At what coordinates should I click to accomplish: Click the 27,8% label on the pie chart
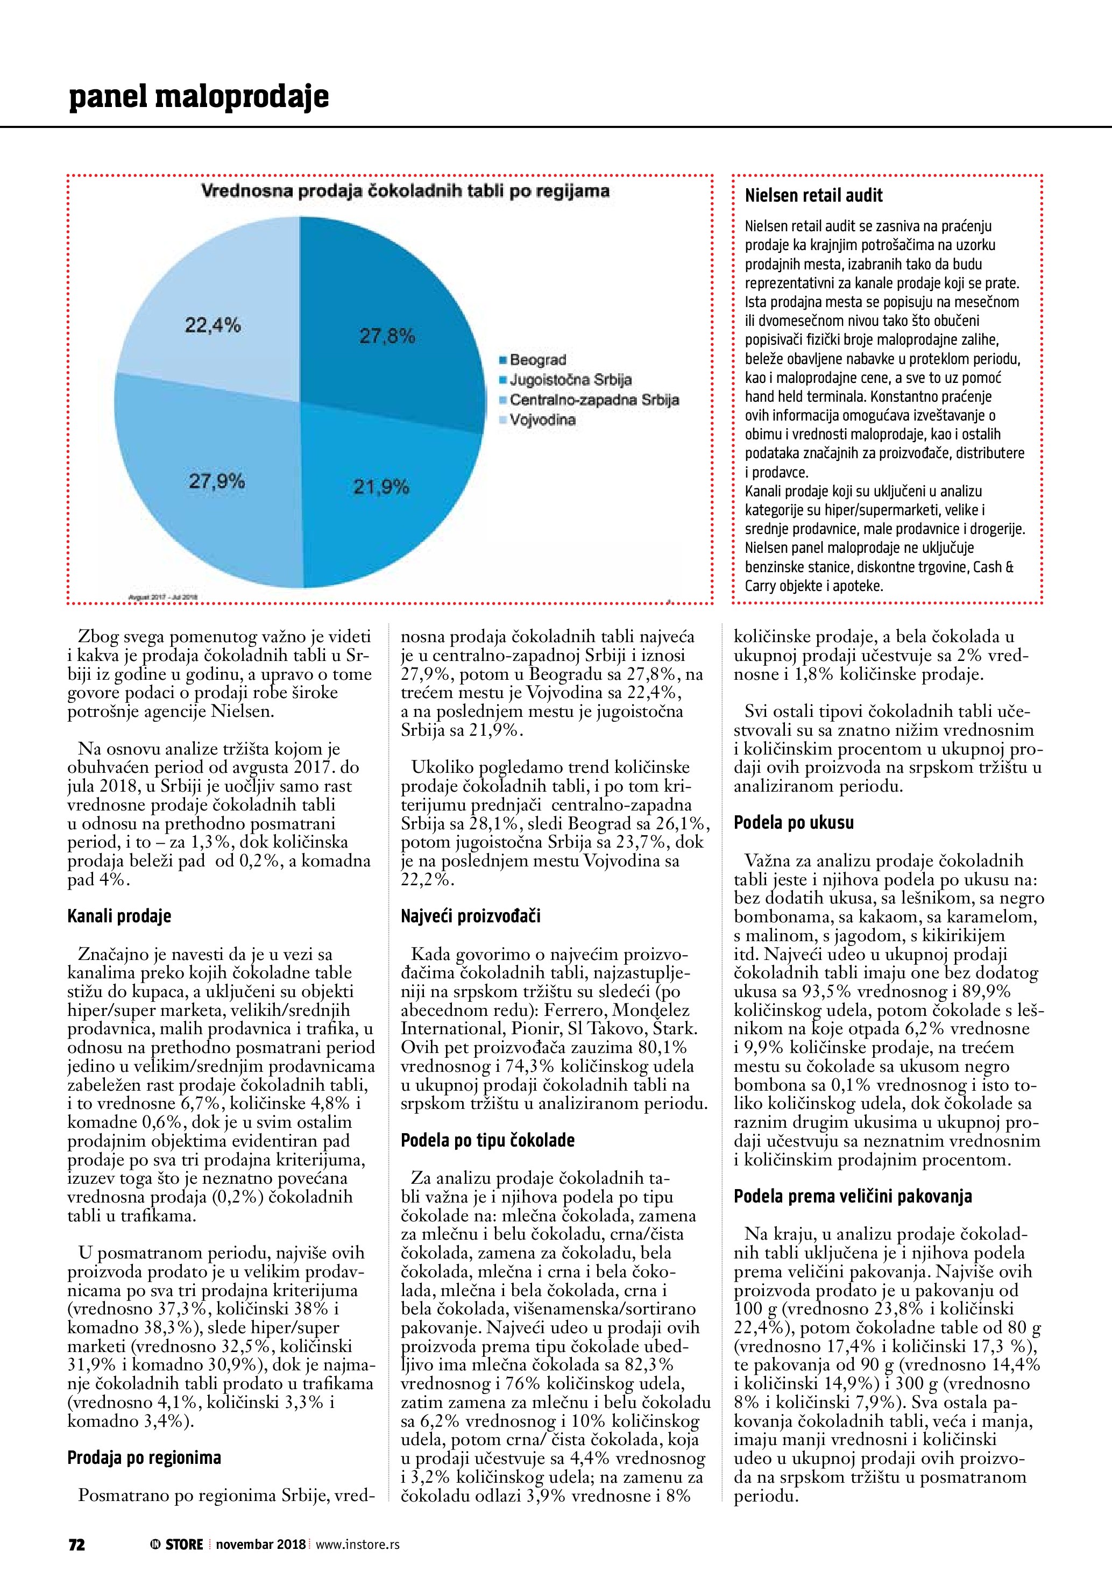(x=387, y=336)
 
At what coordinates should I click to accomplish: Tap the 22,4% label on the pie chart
(x=213, y=325)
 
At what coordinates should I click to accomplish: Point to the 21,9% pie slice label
(x=381, y=487)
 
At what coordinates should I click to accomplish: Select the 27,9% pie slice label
(x=217, y=481)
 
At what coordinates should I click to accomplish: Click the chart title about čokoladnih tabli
(x=405, y=191)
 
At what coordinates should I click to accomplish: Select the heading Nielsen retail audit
(x=813, y=196)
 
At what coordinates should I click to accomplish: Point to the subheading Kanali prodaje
(x=119, y=916)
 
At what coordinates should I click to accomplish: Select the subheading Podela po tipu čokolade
(x=487, y=1140)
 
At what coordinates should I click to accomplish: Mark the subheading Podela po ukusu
(x=794, y=822)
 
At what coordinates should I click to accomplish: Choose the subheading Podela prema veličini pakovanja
(x=853, y=1196)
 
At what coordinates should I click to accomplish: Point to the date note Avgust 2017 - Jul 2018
(x=163, y=597)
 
